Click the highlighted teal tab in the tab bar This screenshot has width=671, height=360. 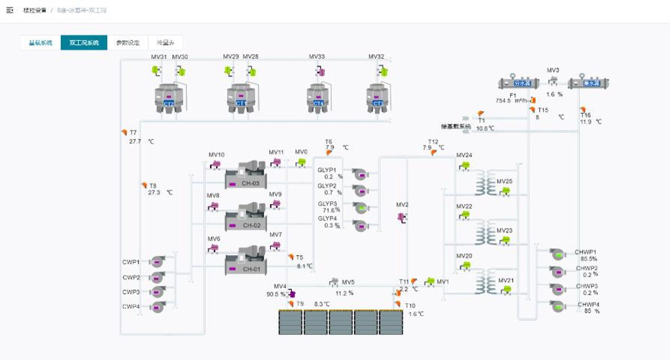tap(84, 43)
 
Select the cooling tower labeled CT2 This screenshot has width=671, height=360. tap(169, 98)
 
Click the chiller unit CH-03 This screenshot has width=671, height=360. tap(246, 175)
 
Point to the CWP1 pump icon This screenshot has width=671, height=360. tap(157, 262)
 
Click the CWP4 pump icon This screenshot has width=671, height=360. tap(157, 307)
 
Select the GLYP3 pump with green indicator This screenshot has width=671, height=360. tap(361, 208)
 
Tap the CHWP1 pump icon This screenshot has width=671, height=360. tap(557, 255)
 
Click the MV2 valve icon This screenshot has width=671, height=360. tap(402, 217)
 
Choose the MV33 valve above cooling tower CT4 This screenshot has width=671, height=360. tap(321, 71)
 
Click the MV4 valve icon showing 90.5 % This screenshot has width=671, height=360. tap(291, 294)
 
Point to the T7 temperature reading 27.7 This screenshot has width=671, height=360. tap(135, 141)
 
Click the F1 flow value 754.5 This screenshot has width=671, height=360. tap(503, 100)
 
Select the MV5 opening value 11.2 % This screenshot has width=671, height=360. tap(344, 293)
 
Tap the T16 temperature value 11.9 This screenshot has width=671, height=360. tap(586, 122)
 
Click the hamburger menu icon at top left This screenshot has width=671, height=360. tap(10, 10)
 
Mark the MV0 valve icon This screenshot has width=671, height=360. tap(301, 162)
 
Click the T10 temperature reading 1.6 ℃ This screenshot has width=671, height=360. tap(416, 314)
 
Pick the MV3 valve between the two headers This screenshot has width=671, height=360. tap(553, 81)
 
